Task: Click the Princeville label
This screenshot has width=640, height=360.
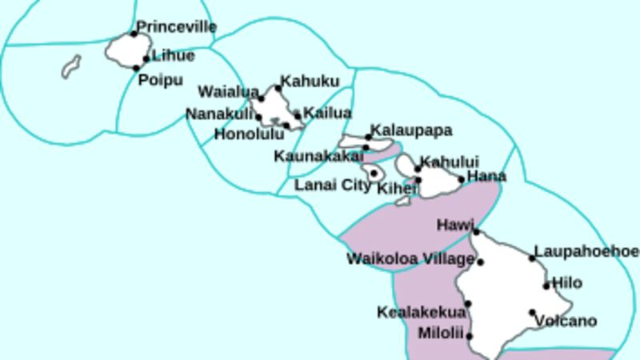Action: coord(176,27)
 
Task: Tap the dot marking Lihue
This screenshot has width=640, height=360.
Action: coord(146,58)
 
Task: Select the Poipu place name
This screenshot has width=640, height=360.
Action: coord(160,80)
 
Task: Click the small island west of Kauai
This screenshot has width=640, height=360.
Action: coord(71,66)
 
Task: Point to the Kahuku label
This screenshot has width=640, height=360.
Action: coord(309,82)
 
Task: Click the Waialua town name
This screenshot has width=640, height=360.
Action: coord(228,91)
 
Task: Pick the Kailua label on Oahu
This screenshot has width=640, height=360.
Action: coord(327,113)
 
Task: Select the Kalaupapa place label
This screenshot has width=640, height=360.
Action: coord(412,130)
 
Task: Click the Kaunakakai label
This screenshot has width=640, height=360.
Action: coord(318,155)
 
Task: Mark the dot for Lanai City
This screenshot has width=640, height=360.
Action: coord(374,173)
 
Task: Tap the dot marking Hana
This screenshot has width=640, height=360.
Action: coord(461,179)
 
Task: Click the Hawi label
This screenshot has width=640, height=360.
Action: coord(455,226)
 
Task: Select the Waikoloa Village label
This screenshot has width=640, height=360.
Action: coord(410,259)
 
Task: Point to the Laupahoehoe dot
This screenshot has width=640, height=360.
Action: coord(533,258)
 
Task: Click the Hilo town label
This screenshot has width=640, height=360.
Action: coord(567,283)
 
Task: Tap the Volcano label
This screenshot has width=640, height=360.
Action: coord(566,322)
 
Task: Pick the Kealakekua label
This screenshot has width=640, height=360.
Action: coord(420,312)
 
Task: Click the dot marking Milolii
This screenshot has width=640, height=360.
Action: coord(470,336)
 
